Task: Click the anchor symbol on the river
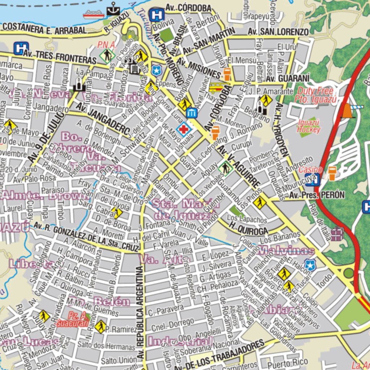pyautogui.click(x=113, y=9)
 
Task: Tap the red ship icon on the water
pyautogui.click(x=93, y=14)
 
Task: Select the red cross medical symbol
pyautogui.click(x=184, y=129)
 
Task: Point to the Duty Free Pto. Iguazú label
pyautogui.click(x=315, y=95)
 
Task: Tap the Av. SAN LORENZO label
pyautogui.click(x=278, y=32)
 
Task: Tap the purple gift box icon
pyautogui.click(x=337, y=234)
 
